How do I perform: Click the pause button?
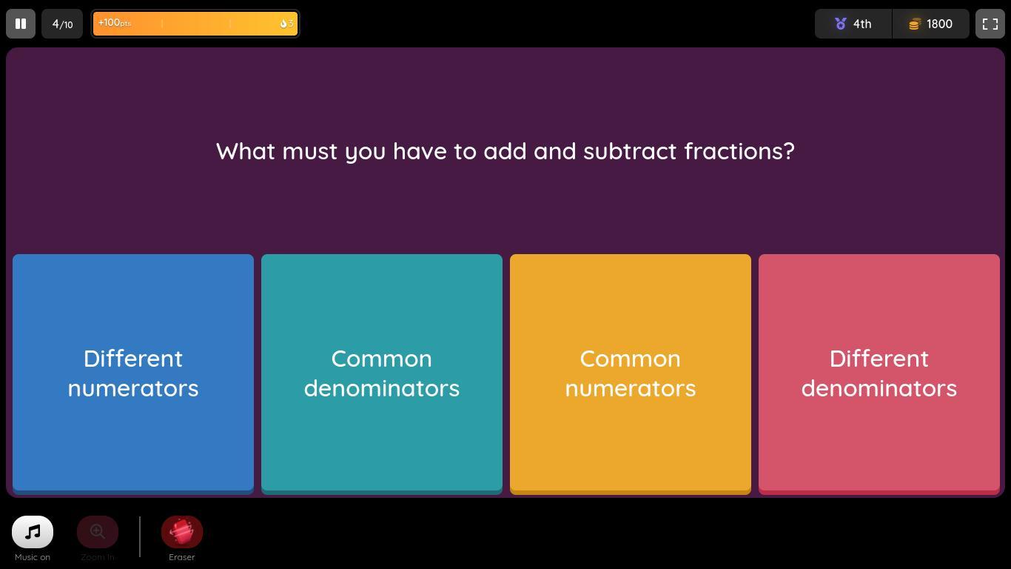21,24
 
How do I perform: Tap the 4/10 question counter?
62,24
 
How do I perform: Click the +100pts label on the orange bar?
114,23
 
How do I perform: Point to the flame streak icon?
283,24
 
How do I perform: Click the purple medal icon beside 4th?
840,24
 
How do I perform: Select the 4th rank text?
862,24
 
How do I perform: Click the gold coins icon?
914,24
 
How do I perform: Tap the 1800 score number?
939,24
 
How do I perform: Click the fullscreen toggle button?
990,24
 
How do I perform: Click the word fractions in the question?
739,151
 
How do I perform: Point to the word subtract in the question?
630,151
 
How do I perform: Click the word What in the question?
246,151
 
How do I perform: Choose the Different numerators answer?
133,373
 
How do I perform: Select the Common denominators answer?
382,373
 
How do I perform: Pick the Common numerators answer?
631,373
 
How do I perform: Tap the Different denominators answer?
879,373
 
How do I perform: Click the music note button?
33,531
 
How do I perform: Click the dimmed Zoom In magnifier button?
98,531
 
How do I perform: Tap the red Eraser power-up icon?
182,531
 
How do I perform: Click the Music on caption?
33,557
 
